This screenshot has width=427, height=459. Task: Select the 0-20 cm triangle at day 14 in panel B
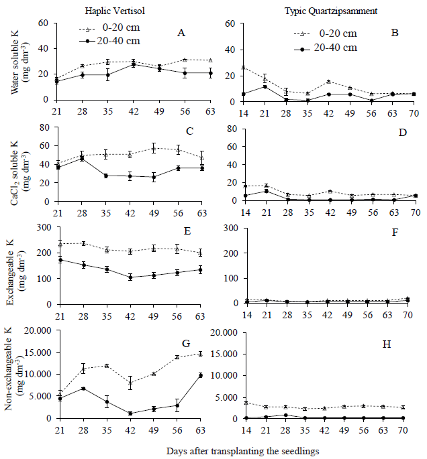tap(243, 68)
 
